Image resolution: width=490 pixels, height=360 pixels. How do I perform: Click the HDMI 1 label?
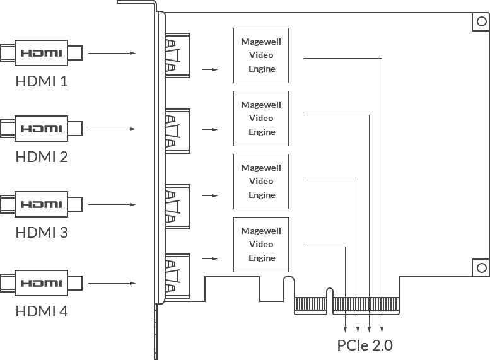coord(42,81)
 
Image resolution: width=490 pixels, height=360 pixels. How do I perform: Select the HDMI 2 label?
coord(42,156)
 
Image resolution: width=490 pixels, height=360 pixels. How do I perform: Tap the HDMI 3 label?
coord(42,232)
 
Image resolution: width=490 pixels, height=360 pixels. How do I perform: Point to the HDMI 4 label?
coord(42,311)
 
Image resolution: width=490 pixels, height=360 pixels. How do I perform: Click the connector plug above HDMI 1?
coord(42,52)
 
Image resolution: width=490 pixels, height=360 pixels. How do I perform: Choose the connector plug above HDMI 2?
coord(42,128)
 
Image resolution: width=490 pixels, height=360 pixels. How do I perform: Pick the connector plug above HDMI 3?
coord(42,204)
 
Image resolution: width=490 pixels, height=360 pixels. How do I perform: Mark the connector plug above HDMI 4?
coord(42,282)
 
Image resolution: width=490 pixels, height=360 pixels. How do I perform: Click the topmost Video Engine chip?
coord(257,55)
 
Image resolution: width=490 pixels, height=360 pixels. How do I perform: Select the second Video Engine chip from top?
coord(257,118)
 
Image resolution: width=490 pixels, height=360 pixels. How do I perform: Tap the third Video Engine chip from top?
coord(257,181)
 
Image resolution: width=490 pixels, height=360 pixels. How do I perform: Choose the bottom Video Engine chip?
coord(257,244)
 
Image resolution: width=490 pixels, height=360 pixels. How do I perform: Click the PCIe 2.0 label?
coord(365,345)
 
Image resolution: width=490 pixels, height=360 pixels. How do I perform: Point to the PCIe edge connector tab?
coord(343,324)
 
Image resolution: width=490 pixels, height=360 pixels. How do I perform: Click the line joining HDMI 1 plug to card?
coord(101,52)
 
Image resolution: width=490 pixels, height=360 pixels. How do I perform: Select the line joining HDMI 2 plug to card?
coord(101,129)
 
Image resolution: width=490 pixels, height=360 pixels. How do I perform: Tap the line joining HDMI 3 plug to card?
coord(101,204)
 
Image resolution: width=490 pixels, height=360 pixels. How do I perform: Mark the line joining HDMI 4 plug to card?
coord(101,283)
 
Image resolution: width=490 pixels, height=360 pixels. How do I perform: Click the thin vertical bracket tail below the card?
coord(156,334)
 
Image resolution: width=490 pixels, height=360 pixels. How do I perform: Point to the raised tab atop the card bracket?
coord(141,5)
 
